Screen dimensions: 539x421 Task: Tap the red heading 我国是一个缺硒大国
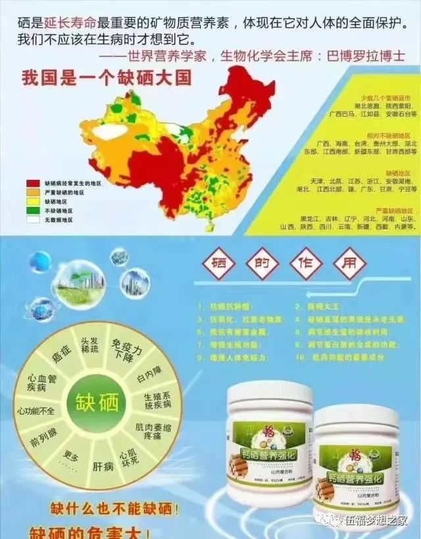tap(107, 78)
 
